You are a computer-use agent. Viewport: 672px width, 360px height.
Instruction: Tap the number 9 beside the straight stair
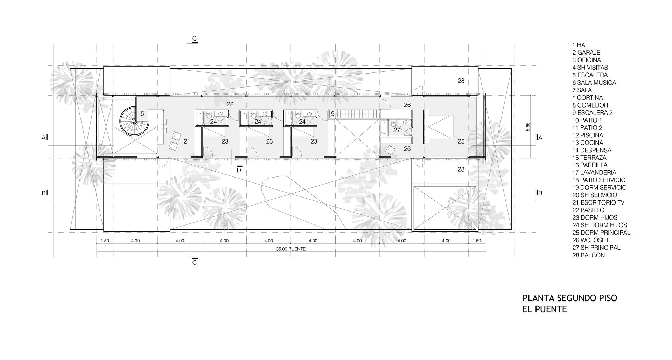point(332,113)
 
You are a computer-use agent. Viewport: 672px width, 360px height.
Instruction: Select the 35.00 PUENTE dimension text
point(290,249)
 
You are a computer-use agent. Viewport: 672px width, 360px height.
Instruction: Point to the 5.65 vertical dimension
point(527,127)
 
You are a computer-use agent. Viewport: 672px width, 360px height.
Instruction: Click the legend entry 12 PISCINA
point(588,135)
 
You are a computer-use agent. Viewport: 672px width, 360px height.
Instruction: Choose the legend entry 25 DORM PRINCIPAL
point(601,233)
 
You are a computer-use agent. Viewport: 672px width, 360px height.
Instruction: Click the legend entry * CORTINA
point(588,98)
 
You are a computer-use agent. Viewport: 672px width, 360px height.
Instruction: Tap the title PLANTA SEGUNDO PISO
point(570,298)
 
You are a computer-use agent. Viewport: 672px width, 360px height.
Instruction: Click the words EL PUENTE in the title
point(545,309)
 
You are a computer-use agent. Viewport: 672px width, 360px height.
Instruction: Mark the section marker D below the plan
point(239,170)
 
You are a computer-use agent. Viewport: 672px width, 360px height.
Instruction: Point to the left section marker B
point(45,193)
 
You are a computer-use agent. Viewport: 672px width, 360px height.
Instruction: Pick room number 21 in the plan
point(187,141)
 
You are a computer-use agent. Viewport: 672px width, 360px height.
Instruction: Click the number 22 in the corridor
point(230,104)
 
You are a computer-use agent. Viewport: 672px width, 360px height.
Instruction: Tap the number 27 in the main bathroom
point(397,130)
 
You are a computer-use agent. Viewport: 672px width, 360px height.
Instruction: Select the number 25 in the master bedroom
point(461,141)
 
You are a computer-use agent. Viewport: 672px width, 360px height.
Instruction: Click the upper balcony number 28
point(461,81)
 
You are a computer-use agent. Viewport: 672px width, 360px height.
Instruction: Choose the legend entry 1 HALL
point(582,45)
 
